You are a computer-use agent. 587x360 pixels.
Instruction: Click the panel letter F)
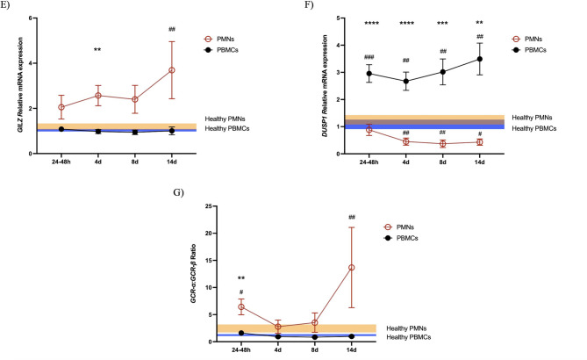pyautogui.click(x=304, y=4)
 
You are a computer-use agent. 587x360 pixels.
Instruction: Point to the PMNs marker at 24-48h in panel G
pyautogui.click(x=216, y=307)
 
